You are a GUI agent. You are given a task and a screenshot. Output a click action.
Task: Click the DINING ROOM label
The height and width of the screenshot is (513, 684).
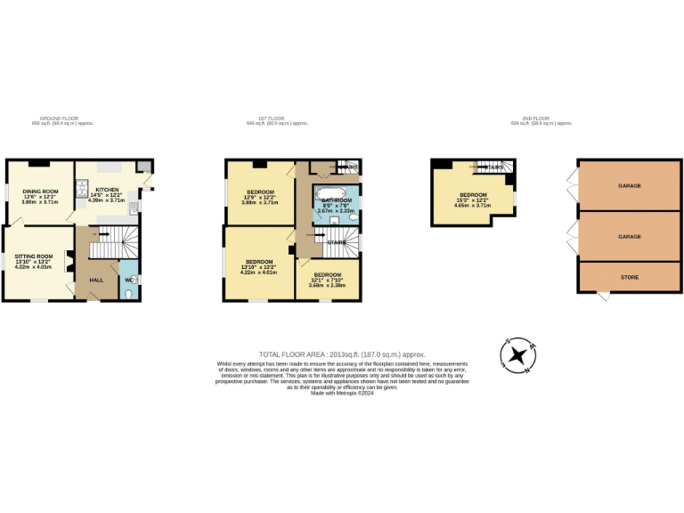(x=39, y=191)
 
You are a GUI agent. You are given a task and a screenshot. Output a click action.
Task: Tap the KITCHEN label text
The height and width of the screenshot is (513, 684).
(x=107, y=190)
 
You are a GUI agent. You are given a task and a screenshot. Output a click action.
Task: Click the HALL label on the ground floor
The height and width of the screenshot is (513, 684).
(x=95, y=280)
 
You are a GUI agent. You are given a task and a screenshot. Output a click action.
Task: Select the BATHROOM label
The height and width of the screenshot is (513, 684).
(x=337, y=200)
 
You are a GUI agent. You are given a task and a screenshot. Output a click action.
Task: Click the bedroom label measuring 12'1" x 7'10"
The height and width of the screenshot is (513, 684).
(x=327, y=275)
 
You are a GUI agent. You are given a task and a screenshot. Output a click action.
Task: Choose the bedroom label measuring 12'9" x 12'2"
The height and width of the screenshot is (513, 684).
(x=260, y=192)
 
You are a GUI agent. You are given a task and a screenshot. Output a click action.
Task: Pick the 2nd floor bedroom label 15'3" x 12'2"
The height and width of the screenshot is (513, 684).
(x=473, y=195)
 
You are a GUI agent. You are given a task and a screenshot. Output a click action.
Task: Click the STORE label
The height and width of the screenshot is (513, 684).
(x=630, y=277)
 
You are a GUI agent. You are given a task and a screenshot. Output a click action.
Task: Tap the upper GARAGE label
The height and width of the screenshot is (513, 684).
(x=630, y=186)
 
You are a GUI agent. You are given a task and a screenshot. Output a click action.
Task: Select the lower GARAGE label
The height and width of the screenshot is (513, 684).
(x=630, y=237)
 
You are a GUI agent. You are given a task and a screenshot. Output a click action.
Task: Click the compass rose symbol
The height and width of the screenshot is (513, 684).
(x=516, y=355)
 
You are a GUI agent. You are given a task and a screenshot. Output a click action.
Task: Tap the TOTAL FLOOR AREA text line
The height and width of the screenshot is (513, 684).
(x=342, y=354)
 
